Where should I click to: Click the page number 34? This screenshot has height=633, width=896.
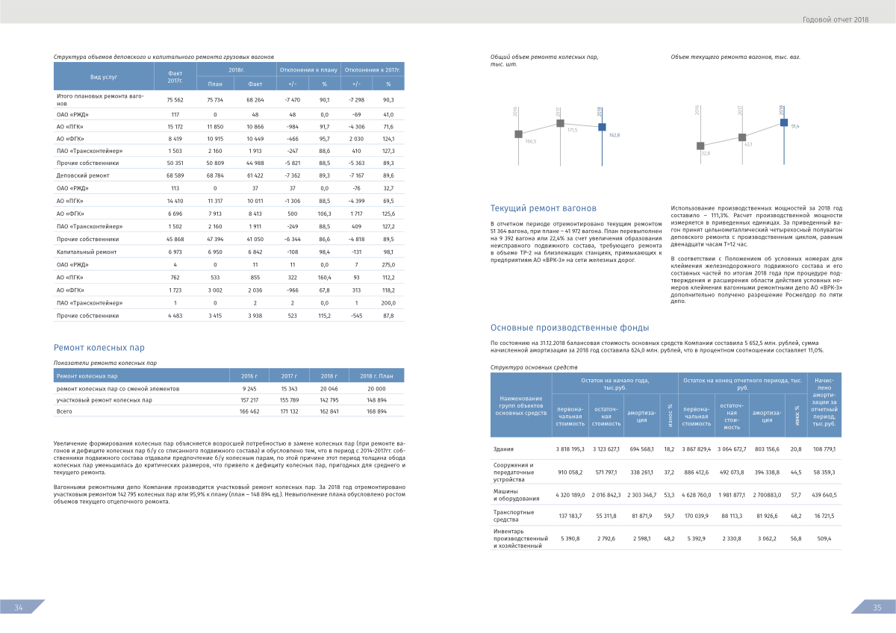click(x=19, y=608)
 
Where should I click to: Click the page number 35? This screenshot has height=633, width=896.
click(x=877, y=608)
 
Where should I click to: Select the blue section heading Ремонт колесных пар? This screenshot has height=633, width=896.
click(x=100, y=348)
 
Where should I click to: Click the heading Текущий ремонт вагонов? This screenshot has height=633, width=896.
click(x=543, y=208)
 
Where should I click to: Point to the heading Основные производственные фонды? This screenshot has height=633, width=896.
click(x=570, y=328)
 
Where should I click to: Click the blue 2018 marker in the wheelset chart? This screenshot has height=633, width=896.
click(x=602, y=127)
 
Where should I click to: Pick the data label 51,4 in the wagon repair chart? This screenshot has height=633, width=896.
click(x=794, y=127)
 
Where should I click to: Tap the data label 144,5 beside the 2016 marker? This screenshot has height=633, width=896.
click(x=530, y=141)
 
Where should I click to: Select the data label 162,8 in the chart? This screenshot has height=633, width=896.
click(x=614, y=134)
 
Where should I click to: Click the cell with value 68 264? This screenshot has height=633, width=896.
click(x=255, y=99)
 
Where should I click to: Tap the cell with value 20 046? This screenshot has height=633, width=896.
click(x=328, y=389)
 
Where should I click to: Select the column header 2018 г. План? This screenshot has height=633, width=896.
click(x=376, y=376)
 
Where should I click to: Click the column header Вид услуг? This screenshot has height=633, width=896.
click(x=104, y=77)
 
